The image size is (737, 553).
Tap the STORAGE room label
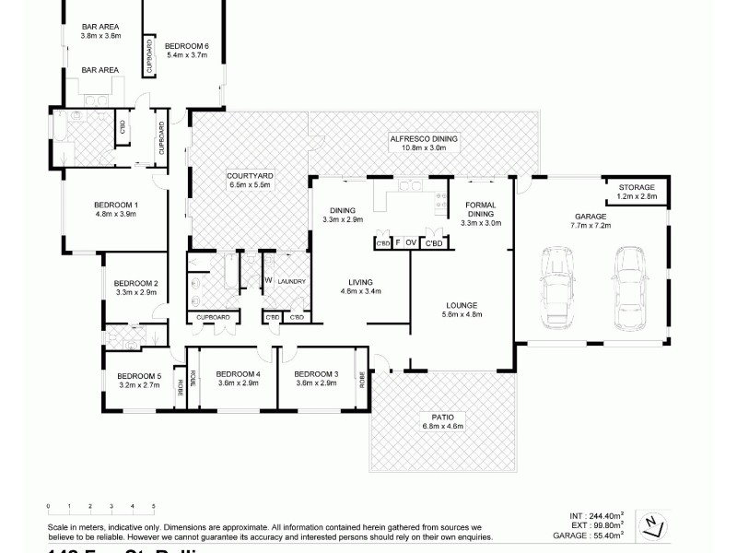637,187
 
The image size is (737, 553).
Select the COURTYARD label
248,174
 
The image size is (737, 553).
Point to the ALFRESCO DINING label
424,138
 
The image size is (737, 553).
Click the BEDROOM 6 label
188,45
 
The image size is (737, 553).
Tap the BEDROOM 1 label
116,205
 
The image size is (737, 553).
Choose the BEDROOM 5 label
138,376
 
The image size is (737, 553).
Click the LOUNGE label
462,305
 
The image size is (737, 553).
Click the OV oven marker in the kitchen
410,243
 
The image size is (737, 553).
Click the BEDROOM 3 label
315,373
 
